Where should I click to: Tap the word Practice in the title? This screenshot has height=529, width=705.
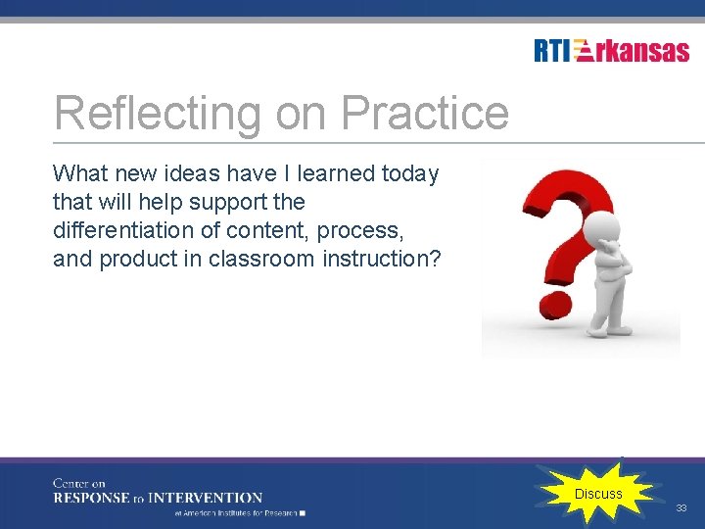tap(425, 114)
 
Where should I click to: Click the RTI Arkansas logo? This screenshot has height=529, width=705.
tap(611, 51)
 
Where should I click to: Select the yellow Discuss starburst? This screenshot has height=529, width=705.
tap(597, 494)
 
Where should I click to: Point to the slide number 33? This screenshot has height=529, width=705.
tap(681, 508)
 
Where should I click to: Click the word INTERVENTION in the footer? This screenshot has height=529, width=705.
tap(209, 498)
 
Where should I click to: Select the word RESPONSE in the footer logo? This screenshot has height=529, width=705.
tap(90, 498)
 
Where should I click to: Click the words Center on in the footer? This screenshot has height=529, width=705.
tap(79, 483)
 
